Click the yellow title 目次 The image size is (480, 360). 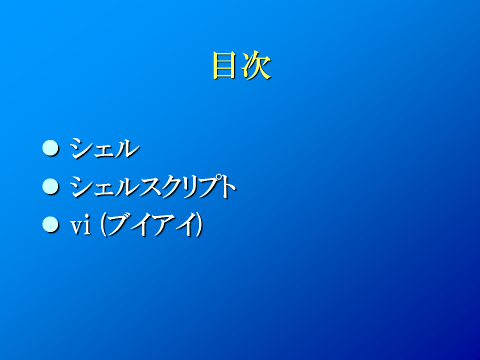241,65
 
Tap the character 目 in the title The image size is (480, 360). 224,65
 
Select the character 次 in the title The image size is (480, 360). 256,65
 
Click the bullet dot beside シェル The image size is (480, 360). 50,148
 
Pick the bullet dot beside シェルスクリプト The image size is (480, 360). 50,186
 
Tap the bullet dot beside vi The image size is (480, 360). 50,224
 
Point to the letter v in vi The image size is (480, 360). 76,228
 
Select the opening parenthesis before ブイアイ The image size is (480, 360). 103,225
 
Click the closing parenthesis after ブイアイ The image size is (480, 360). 199,225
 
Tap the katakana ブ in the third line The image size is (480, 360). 118,225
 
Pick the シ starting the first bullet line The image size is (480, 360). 81,148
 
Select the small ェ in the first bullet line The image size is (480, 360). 104,151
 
